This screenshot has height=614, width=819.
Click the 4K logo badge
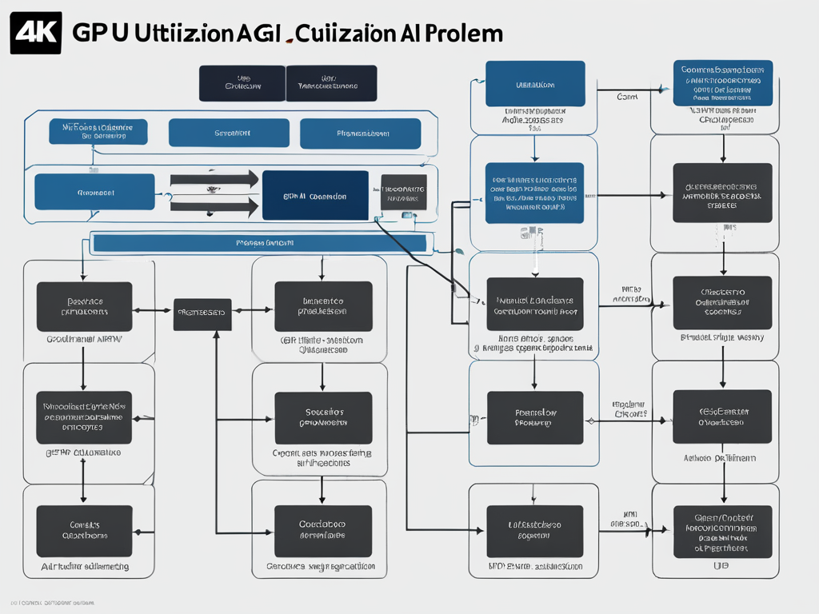tap(35, 33)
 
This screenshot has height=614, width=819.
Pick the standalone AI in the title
tap(416, 34)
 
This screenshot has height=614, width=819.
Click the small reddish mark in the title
tap(289, 38)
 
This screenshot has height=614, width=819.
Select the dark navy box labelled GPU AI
tap(315, 195)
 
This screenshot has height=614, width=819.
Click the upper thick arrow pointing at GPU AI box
tap(214, 179)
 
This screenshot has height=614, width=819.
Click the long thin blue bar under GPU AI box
tap(259, 242)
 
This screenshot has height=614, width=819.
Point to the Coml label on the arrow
tap(627, 96)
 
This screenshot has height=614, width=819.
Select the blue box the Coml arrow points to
tap(723, 83)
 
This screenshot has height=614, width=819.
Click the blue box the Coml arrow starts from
tap(535, 83)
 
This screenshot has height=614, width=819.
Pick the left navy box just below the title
tap(242, 83)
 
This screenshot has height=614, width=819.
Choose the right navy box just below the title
tap(331, 83)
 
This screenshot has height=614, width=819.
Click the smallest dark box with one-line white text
tap(202, 315)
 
